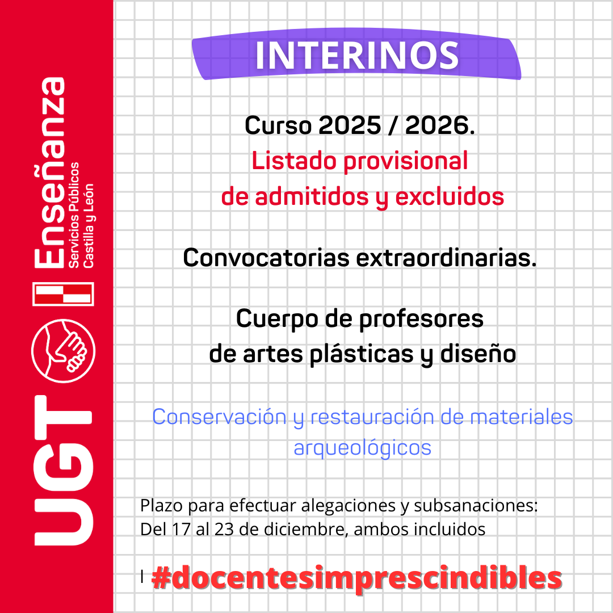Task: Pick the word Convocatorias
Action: point(266,258)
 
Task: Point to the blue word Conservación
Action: point(219,417)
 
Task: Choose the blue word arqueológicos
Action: point(362,448)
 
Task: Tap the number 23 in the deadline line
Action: point(216,530)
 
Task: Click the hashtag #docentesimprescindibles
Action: point(357,578)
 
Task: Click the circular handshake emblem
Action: point(63,347)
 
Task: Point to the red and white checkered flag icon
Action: point(63,294)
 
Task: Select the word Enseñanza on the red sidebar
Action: point(49,173)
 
